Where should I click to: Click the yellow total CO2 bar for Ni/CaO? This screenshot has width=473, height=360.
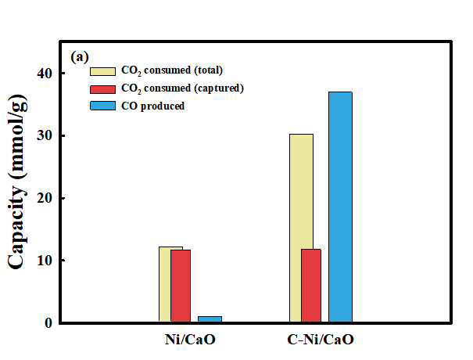pos(165,284)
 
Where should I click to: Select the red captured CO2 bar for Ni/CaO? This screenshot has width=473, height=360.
pos(181,286)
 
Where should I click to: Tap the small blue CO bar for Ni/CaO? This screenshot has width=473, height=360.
pos(210,319)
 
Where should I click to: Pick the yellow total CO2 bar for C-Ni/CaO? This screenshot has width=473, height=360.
pos(296,228)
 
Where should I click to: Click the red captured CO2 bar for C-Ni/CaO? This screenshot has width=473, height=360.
pos(311,286)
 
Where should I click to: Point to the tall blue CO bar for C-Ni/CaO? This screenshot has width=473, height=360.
pos(341,207)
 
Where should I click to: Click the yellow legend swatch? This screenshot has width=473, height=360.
pos(102,71)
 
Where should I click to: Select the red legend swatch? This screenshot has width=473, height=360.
pos(102,89)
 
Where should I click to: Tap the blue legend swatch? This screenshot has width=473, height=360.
pos(102,106)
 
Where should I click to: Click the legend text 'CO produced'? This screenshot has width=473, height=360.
pos(153,106)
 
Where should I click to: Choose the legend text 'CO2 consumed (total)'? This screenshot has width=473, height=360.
pos(172,70)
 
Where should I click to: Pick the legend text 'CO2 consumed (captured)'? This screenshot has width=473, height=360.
pos(182,88)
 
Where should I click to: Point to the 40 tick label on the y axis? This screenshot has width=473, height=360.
pos(44,73)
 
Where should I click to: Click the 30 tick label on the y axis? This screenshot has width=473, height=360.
pos(44,135)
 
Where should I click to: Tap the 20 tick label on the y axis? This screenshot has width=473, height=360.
pos(44,198)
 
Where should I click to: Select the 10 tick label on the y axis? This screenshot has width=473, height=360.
pos(44,260)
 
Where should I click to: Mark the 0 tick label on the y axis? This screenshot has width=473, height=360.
pos(48,322)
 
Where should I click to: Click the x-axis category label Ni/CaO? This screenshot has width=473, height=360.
pos(190,340)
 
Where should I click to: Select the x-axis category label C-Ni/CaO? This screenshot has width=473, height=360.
pos(321,340)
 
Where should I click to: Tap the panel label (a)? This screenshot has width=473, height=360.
pos(80,57)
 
